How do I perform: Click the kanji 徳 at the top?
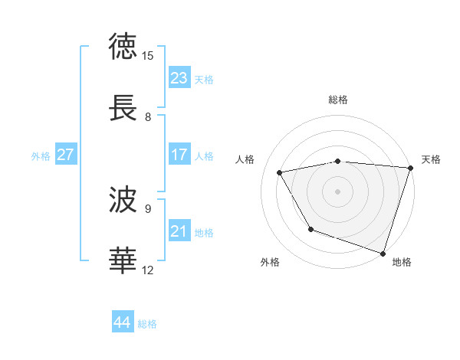(x=123, y=45)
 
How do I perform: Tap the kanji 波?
(x=123, y=199)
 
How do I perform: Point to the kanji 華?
(x=123, y=260)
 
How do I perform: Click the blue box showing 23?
(x=179, y=78)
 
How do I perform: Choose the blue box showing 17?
(x=179, y=155)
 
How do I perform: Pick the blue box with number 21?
(x=179, y=231)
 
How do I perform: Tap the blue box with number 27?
(x=66, y=155)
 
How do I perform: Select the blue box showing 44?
(x=123, y=322)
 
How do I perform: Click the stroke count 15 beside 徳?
(x=148, y=56)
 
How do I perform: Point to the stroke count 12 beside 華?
(x=148, y=270)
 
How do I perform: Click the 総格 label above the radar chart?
(x=338, y=100)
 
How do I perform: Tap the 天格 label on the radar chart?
(x=431, y=159)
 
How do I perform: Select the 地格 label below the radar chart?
(x=402, y=263)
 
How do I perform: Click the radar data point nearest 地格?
(x=383, y=252)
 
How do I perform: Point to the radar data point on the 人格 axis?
(x=280, y=173)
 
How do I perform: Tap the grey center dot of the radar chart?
(x=338, y=191)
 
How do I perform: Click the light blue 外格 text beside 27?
(x=41, y=155)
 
